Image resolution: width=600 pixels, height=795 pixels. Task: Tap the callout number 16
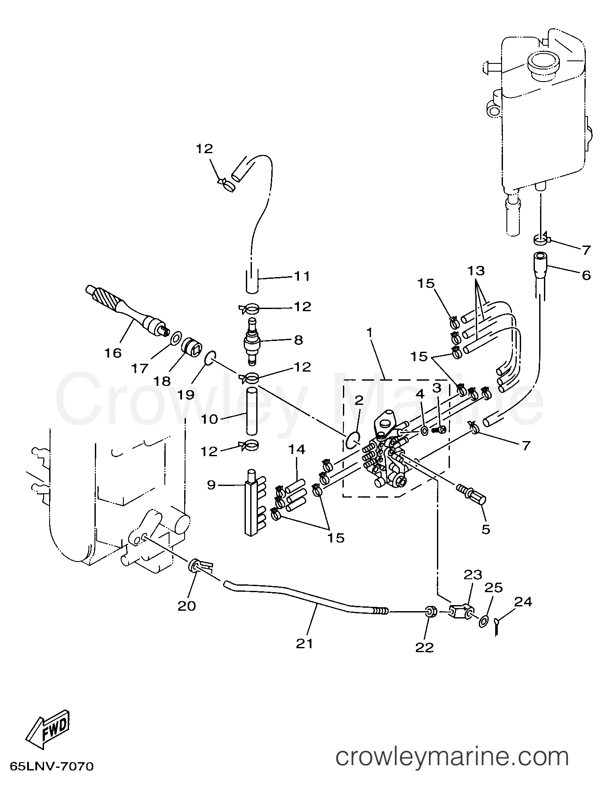[113, 353]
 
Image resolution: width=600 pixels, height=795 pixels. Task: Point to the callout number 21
[305, 643]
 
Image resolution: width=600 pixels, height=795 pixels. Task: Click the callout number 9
[211, 485]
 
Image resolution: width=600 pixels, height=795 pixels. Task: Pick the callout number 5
[486, 529]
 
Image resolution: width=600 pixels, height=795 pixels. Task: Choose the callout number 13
[476, 271]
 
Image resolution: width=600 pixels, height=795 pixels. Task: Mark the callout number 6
[586, 275]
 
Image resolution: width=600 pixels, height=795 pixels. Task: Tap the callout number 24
[523, 601]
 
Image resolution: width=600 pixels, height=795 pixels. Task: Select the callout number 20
[186, 606]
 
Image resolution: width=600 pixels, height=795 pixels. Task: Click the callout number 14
[297, 449]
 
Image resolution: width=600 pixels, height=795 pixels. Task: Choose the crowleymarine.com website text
[452, 757]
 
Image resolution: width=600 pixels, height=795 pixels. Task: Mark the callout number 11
[302, 276]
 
